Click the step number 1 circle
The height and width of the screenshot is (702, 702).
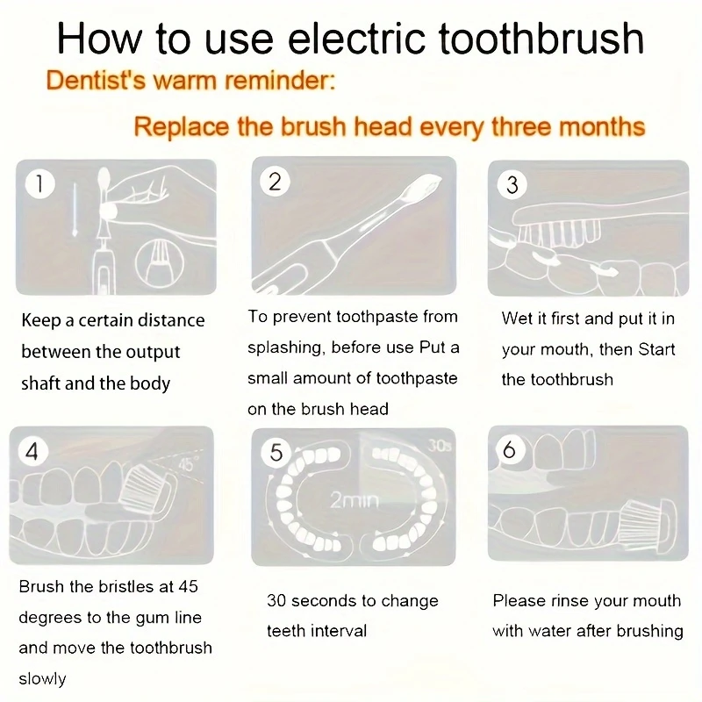coord(39,184)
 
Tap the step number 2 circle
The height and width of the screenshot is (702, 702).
coord(275,182)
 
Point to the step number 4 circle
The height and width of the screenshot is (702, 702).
coord(32,452)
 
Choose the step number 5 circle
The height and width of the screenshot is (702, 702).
coord(276,453)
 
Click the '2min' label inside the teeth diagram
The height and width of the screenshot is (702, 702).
coord(348,501)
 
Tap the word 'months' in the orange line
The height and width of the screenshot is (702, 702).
coord(598,126)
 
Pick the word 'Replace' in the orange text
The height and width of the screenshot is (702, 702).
coord(182,126)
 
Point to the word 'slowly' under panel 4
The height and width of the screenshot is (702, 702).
coord(42,678)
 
